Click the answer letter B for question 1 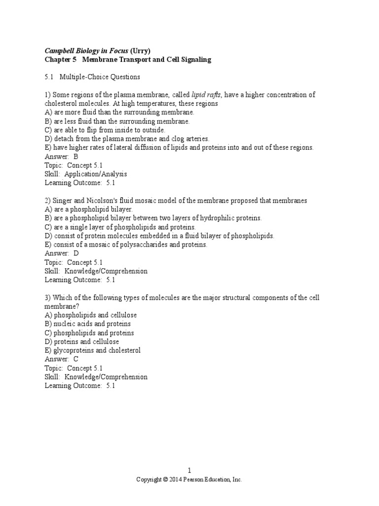click(76, 157)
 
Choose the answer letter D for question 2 click(76, 253)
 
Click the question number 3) click(48, 297)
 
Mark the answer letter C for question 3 click(76, 359)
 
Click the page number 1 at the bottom click(189, 471)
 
